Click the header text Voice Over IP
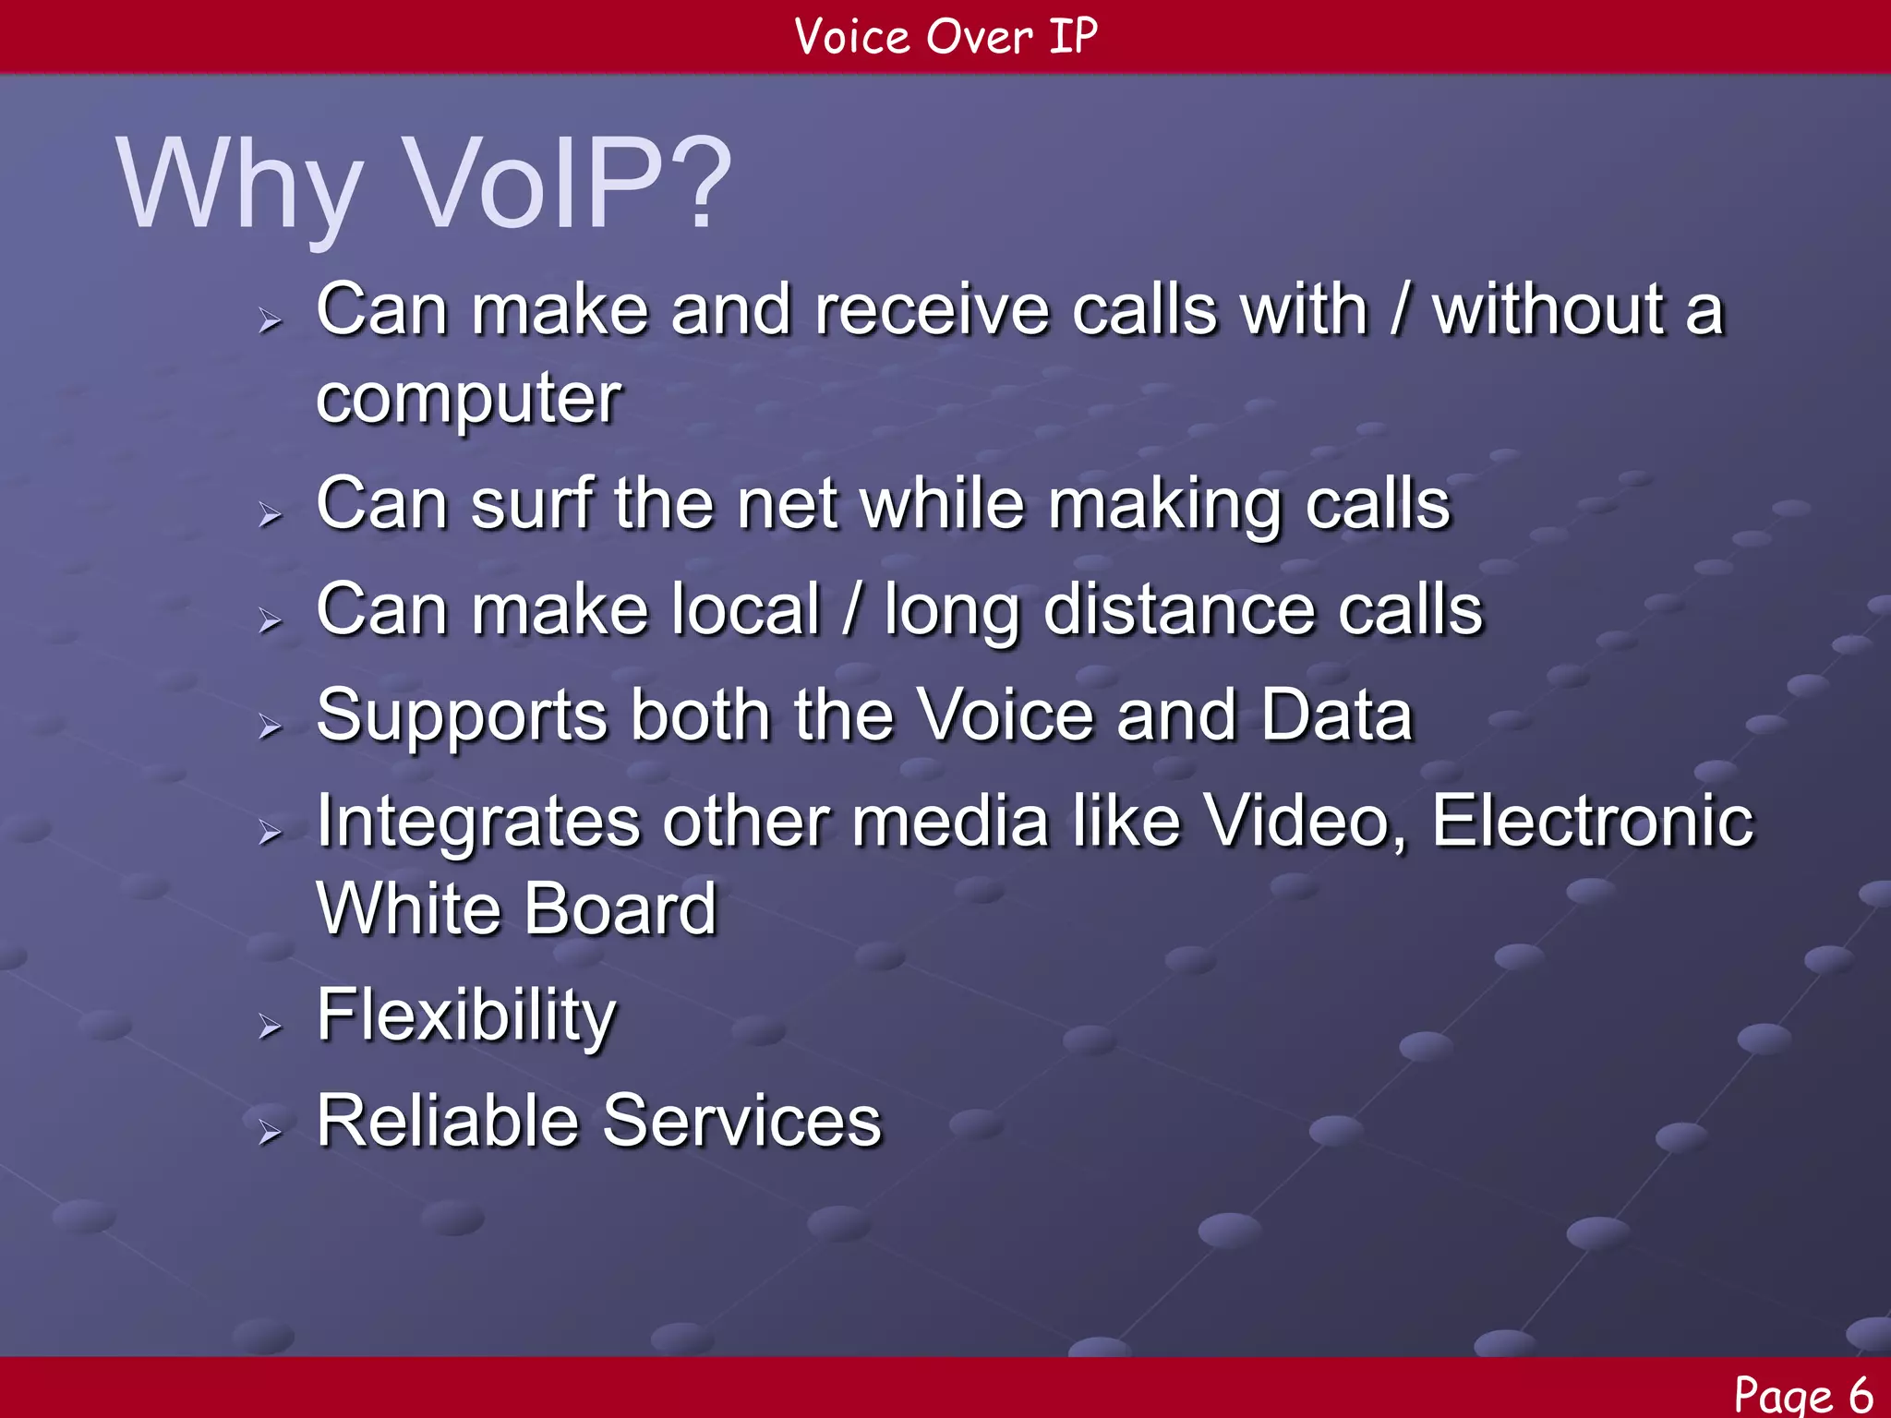click(x=945, y=37)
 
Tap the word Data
click(x=1336, y=715)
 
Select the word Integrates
click(x=477, y=823)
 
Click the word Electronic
click(x=1592, y=821)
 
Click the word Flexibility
click(x=465, y=1016)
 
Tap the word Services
click(x=742, y=1121)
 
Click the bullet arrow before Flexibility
click(x=269, y=1026)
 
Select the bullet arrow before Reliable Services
click(x=269, y=1131)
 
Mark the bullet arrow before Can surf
click(x=269, y=514)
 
